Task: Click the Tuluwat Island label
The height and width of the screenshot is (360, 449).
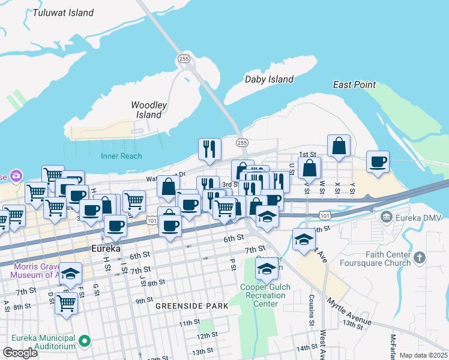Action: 64,13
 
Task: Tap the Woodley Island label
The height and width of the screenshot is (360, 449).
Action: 149,110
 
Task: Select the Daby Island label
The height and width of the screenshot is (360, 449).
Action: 269,79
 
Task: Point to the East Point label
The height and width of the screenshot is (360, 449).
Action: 354,85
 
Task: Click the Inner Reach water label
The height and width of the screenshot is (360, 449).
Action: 121,156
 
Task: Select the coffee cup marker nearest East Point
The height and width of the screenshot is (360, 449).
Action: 378,162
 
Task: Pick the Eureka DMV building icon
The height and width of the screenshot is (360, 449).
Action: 384,215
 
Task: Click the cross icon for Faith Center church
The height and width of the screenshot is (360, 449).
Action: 420,258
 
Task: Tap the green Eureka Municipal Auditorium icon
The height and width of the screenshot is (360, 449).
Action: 85,341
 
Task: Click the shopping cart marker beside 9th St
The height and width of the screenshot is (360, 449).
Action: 66,304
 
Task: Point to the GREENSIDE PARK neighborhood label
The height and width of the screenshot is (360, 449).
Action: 191,305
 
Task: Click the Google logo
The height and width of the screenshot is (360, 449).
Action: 20,353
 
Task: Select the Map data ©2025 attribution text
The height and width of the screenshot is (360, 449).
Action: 423,355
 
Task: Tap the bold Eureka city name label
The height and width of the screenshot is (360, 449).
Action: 106,248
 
